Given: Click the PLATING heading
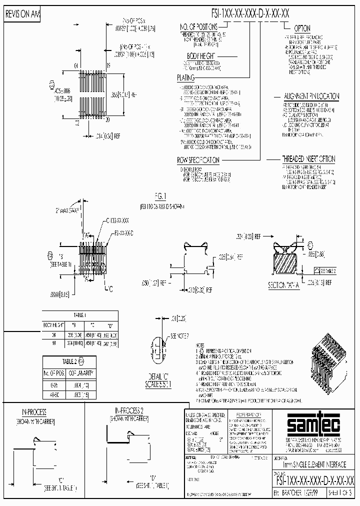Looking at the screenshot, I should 185,78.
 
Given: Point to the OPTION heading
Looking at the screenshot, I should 302,28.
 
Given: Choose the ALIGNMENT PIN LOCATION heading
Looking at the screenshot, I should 311,96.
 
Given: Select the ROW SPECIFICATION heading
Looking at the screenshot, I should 198,160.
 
